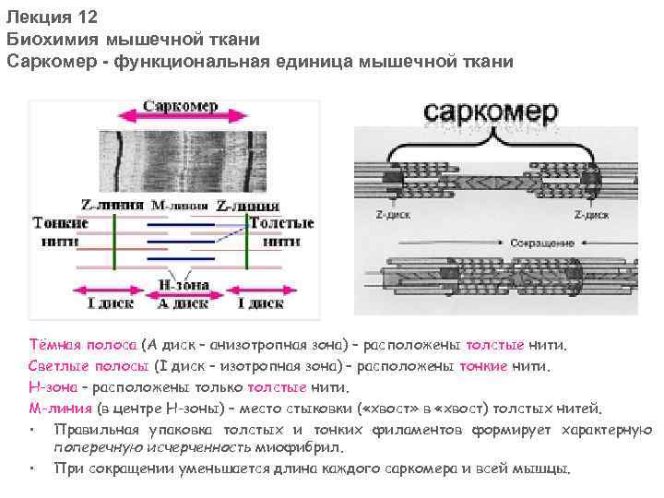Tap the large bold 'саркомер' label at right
(x=491, y=113)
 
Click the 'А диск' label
(x=182, y=302)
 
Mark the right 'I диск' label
(x=260, y=302)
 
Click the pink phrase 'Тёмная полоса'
(x=82, y=345)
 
